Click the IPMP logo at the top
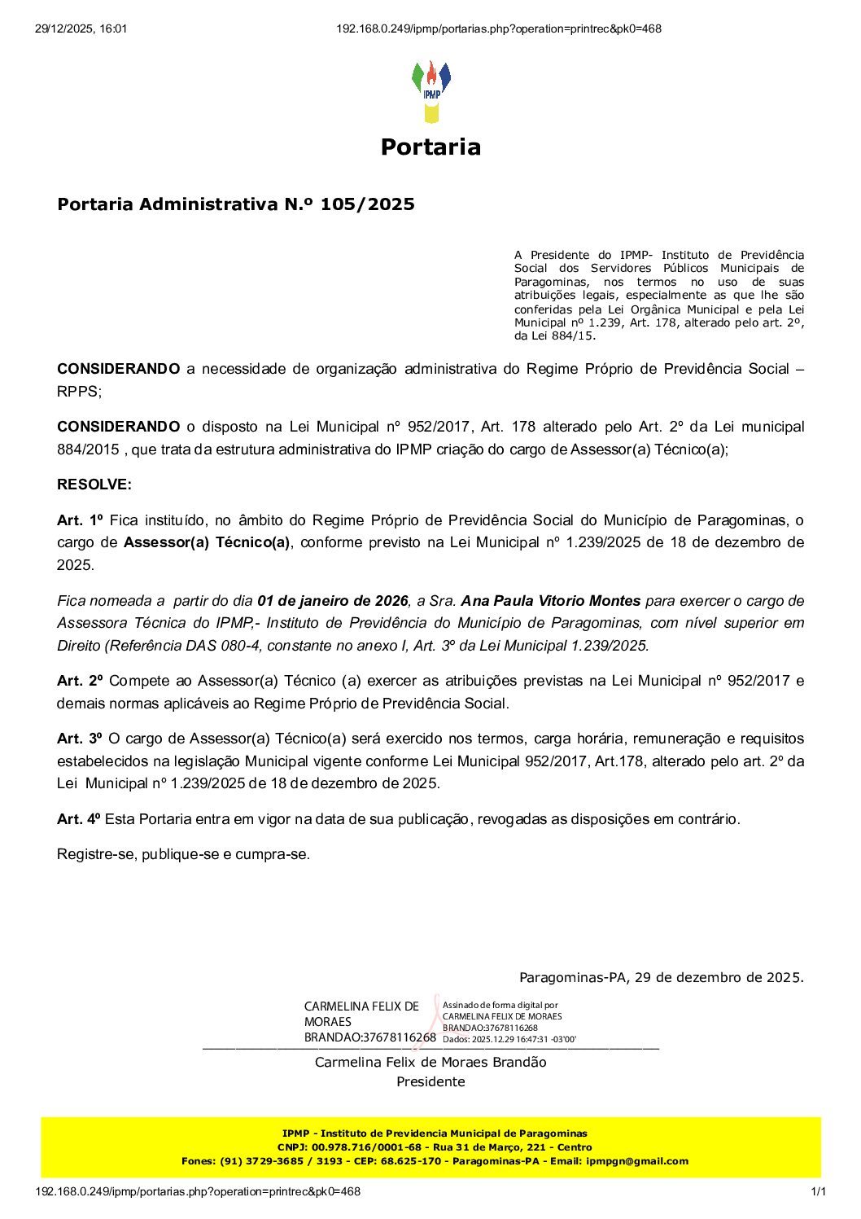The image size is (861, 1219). click(430, 90)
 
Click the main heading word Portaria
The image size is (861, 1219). click(430, 147)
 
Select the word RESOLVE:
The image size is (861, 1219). click(94, 485)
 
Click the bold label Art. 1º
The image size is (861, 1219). click(80, 520)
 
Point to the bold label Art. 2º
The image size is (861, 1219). click(80, 681)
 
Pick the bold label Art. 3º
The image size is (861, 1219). click(80, 739)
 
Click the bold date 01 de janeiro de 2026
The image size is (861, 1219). click(332, 601)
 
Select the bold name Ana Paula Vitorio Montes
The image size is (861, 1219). click(550, 601)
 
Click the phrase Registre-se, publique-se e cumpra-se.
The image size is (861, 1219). click(183, 854)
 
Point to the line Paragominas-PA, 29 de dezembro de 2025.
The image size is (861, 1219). click(661, 977)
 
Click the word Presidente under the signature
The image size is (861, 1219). click(430, 1081)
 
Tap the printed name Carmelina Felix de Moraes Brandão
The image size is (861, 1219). click(430, 1062)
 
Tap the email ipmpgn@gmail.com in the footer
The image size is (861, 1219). click(636, 1161)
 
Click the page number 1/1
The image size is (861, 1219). click(818, 1191)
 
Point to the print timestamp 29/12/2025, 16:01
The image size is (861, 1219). click(81, 29)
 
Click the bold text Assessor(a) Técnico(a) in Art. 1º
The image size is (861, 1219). click(207, 542)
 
